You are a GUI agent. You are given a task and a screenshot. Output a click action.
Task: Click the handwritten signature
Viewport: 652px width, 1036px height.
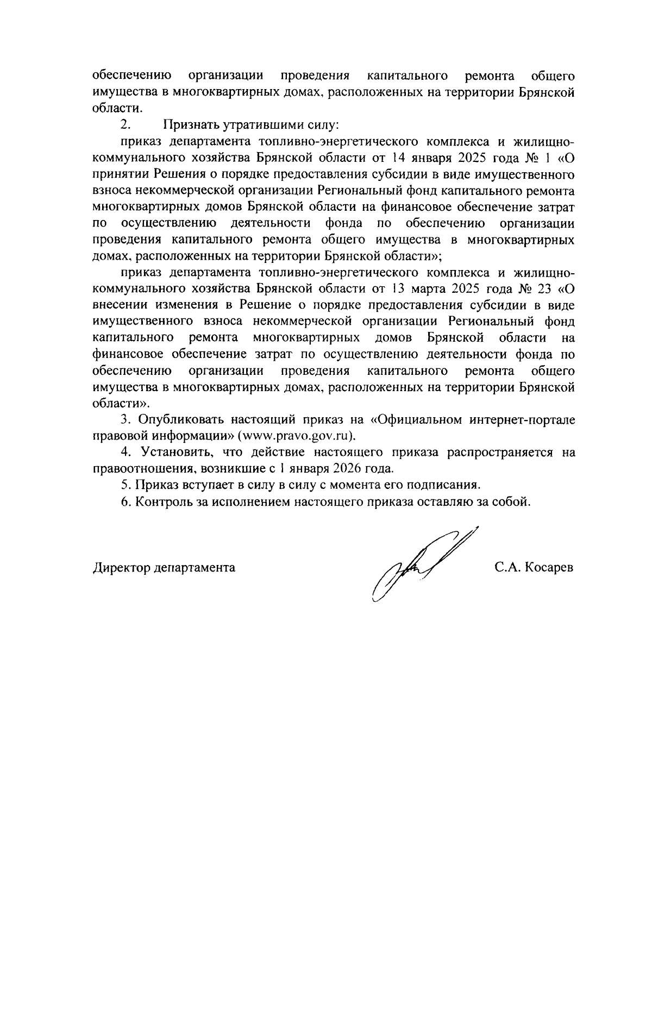pyautogui.click(x=418, y=565)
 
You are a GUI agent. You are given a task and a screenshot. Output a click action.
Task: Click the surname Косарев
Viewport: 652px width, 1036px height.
pyautogui.click(x=549, y=568)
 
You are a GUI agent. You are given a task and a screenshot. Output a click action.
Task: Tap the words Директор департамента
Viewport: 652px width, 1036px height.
pyautogui.click(x=164, y=568)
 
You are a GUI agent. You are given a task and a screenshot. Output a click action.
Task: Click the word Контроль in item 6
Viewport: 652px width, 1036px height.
pyautogui.click(x=160, y=501)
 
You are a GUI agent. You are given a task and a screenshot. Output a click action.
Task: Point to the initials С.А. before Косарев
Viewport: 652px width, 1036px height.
pyautogui.click(x=508, y=568)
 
